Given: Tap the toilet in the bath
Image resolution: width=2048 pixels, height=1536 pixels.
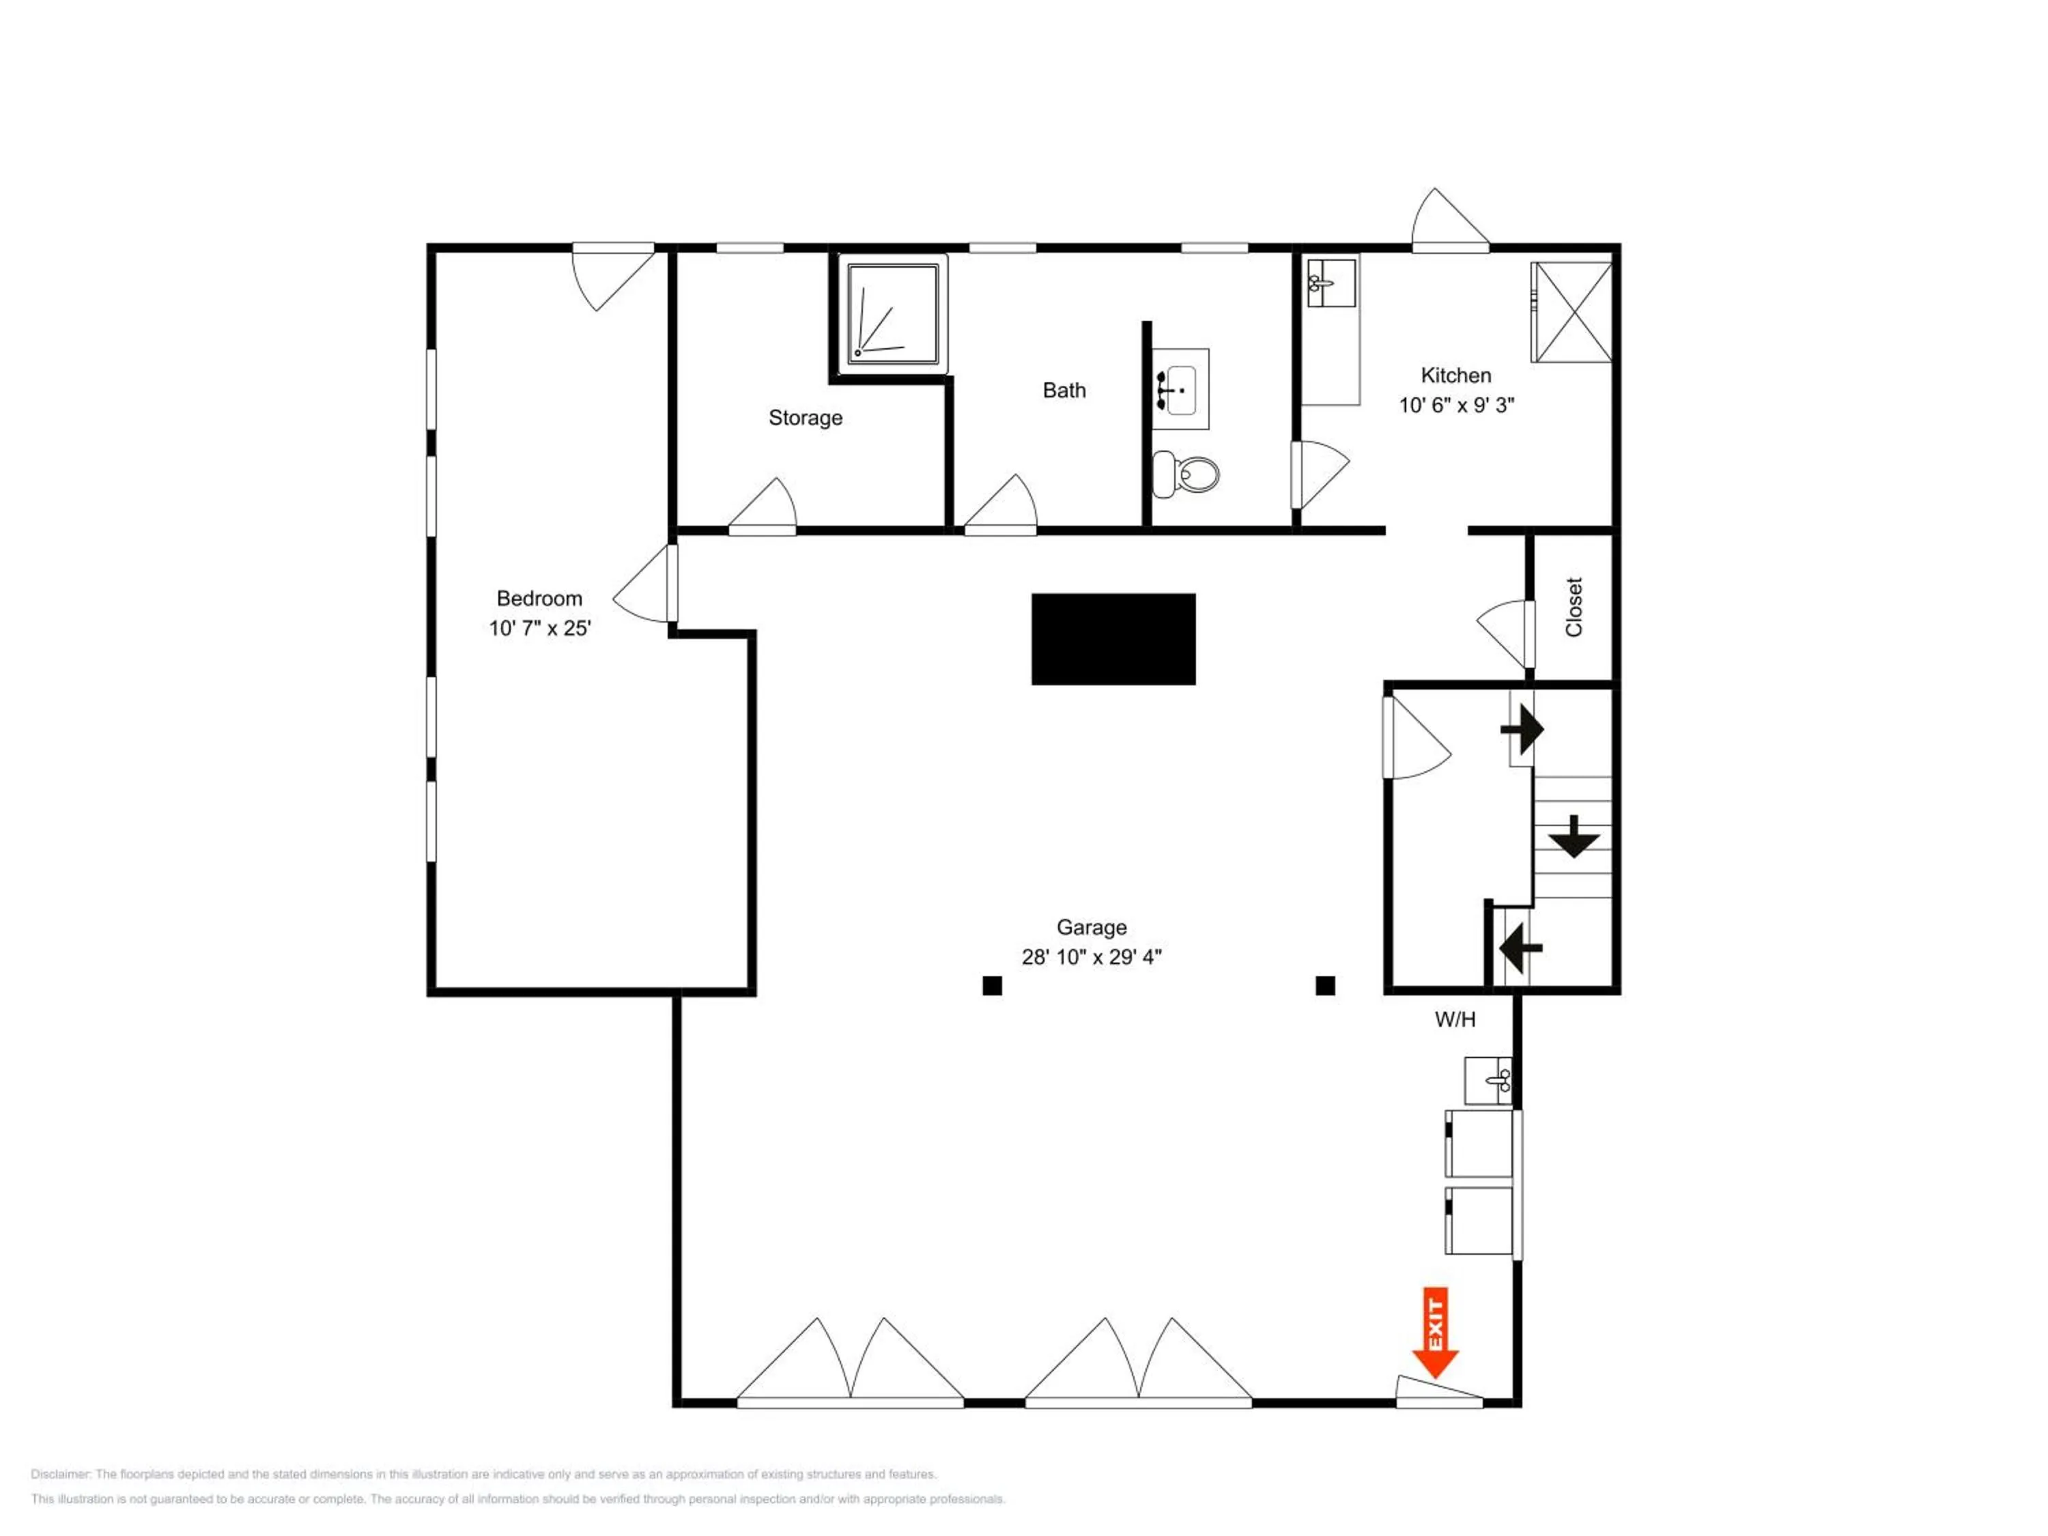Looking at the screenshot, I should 1188,474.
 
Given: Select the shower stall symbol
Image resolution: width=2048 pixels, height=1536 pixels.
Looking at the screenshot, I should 892,311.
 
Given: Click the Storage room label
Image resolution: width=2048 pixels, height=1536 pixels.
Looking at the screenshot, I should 806,418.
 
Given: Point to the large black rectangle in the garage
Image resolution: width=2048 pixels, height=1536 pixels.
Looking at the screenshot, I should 1113,640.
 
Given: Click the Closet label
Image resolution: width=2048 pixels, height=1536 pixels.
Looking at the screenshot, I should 1574,608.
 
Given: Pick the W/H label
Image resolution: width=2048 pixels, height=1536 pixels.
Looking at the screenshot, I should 1455,1019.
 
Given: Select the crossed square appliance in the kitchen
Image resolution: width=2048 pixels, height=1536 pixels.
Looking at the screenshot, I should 1571,312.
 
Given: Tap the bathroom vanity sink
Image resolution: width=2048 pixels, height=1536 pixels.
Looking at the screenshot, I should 1180,390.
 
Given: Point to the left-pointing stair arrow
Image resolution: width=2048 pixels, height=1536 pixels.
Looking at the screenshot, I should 1520,947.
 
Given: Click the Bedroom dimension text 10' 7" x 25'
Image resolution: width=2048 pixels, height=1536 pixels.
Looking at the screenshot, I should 540,629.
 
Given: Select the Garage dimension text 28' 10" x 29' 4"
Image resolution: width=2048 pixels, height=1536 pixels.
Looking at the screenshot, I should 1091,957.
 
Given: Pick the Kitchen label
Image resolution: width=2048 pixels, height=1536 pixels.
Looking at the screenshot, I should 1455,375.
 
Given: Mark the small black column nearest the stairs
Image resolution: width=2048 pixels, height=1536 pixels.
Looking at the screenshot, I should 1325,985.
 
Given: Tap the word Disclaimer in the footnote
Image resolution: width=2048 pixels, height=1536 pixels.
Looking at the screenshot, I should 60,1474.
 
